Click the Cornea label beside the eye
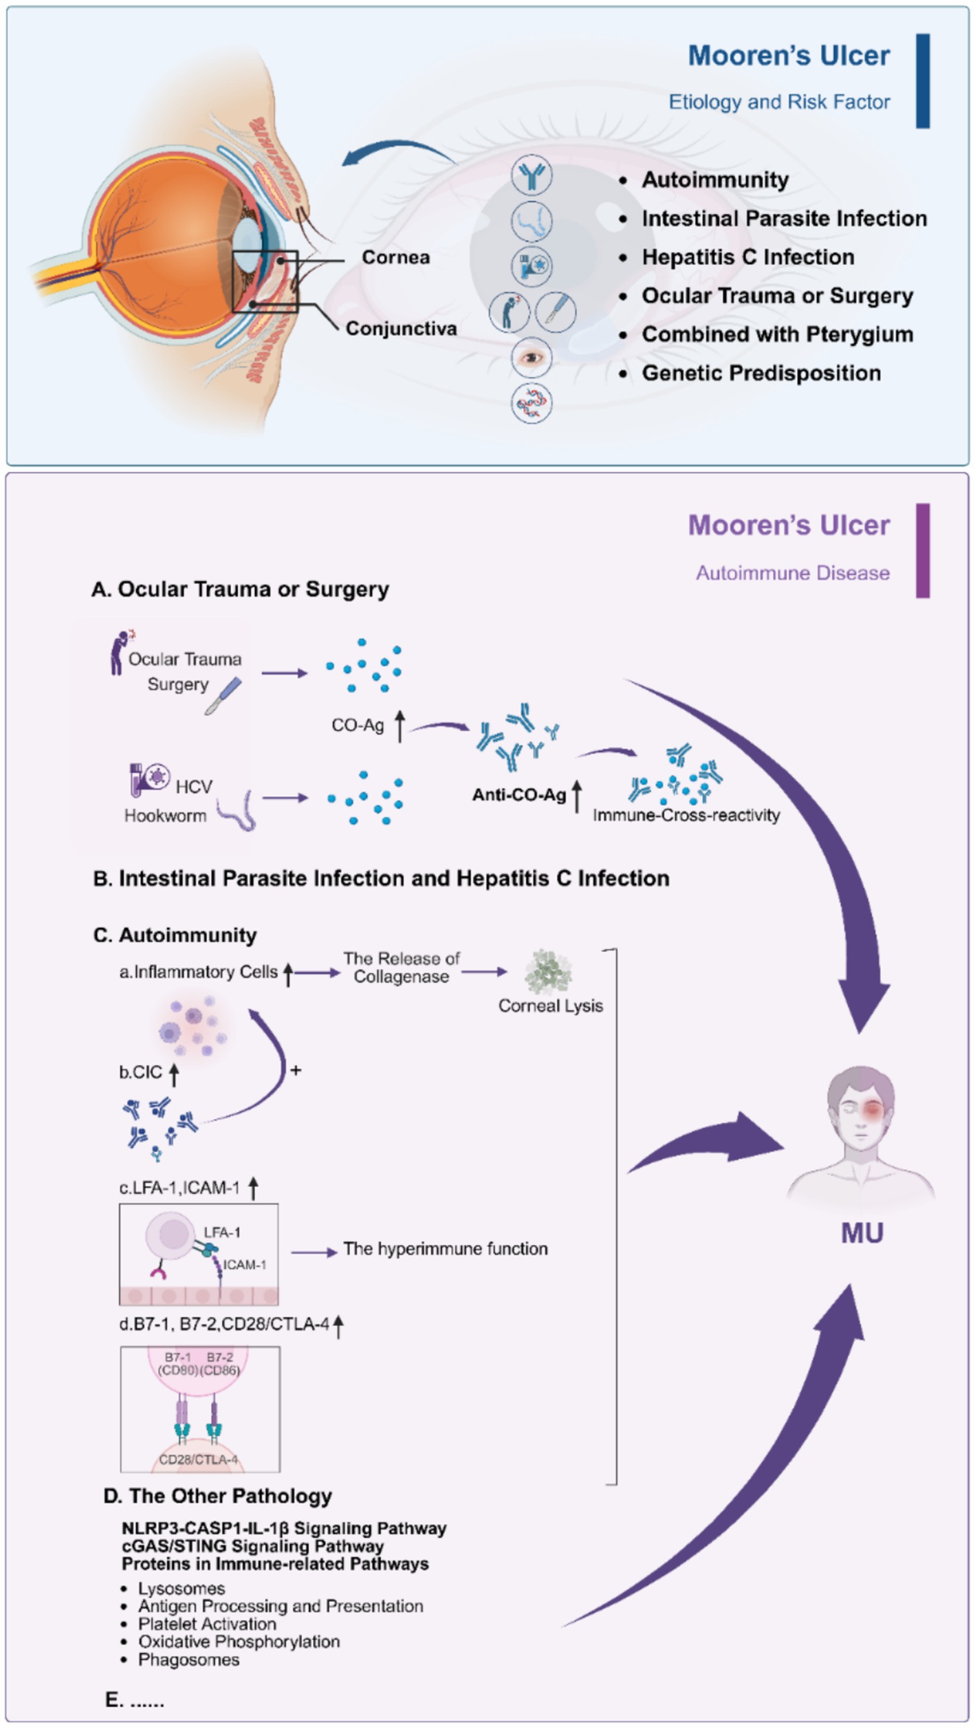(395, 257)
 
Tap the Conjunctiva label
(401, 329)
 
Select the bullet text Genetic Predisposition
(760, 373)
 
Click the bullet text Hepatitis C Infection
(747, 257)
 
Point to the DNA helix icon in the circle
(532, 402)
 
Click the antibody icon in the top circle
(532, 175)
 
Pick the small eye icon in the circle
(532, 358)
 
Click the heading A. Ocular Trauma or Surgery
(241, 589)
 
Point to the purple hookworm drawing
(238, 810)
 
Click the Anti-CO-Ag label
(518, 795)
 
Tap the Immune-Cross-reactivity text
(686, 815)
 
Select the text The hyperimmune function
(446, 1248)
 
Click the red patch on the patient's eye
(873, 1108)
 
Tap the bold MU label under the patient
(862, 1233)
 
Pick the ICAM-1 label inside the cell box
(244, 1264)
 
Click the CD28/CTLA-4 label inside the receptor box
(198, 1459)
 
